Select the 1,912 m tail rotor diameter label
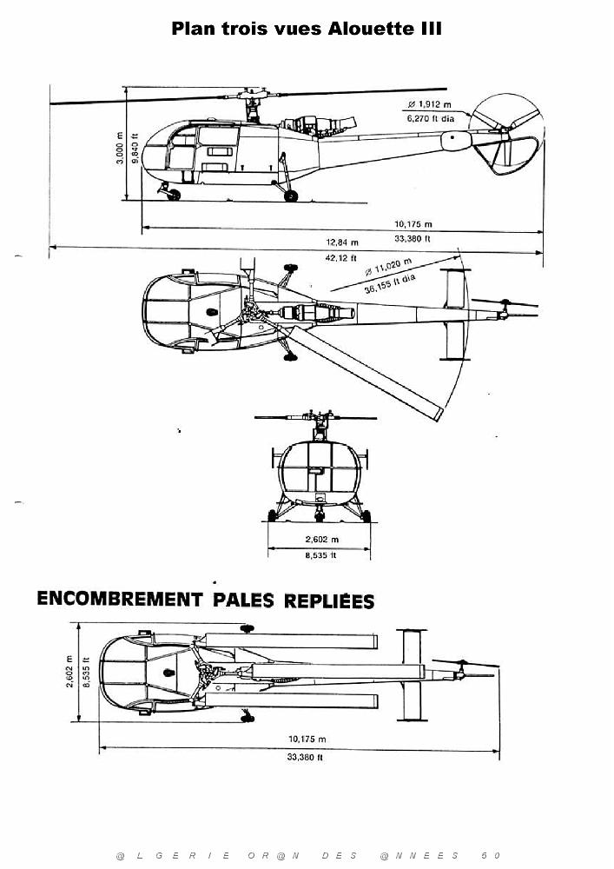429,104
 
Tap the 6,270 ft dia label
431,118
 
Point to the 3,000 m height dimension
120,148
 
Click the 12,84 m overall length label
342,242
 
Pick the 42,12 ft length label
340,258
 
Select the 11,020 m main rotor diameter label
388,267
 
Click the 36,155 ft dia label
390,284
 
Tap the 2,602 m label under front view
322,540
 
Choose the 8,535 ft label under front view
320,554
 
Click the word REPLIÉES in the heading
329,600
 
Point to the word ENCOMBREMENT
120,599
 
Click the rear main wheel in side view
291,196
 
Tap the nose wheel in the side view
174,195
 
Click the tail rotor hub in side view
505,131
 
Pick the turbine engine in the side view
317,125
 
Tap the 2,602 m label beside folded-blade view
69,673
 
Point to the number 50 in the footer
492,856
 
